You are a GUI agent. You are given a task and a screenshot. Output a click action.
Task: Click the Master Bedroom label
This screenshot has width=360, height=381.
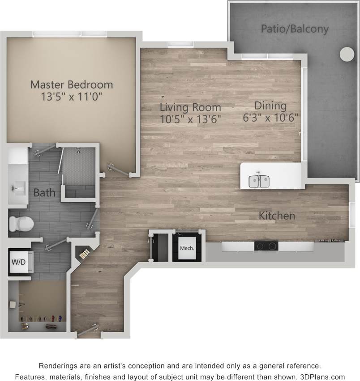click(71, 84)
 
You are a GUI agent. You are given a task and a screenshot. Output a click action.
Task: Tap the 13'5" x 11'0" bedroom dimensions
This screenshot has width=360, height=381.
click(71, 96)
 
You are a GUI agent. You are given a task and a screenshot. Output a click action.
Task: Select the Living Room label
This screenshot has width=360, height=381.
click(191, 107)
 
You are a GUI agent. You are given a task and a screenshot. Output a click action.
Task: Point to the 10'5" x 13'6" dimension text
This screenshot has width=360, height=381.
click(191, 119)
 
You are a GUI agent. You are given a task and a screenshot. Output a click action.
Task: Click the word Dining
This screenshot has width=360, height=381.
click(270, 106)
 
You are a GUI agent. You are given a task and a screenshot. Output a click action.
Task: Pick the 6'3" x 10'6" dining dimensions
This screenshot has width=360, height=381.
click(270, 118)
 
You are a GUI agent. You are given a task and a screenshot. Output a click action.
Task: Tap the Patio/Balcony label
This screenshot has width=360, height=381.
click(295, 29)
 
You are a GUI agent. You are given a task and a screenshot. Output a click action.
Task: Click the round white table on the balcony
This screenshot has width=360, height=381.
click(347, 54)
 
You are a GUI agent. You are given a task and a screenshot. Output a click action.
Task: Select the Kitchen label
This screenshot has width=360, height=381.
click(277, 216)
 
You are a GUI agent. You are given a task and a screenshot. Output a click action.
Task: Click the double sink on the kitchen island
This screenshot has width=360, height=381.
click(259, 181)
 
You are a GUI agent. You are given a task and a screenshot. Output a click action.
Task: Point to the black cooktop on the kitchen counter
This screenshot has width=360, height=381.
click(266, 246)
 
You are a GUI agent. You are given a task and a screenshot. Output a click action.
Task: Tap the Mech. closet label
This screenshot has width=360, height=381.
click(187, 248)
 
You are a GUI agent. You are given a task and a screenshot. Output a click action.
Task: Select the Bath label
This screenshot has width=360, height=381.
click(45, 193)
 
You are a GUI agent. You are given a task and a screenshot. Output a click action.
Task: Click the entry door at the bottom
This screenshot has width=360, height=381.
click(88, 330)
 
